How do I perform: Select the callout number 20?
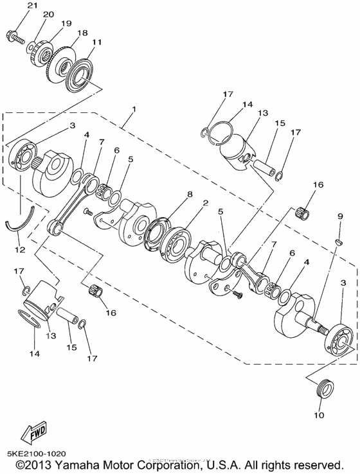click(48, 14)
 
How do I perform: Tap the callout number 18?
click(82, 32)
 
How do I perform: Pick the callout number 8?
click(190, 193)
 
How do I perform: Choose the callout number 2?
click(204, 202)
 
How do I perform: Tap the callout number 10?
click(319, 415)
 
